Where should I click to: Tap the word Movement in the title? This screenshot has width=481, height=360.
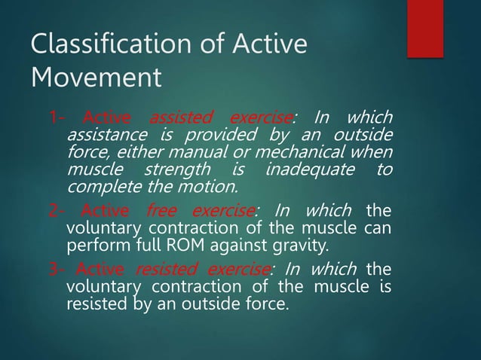coord(95,77)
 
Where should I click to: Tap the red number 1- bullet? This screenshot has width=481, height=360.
coord(55,117)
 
